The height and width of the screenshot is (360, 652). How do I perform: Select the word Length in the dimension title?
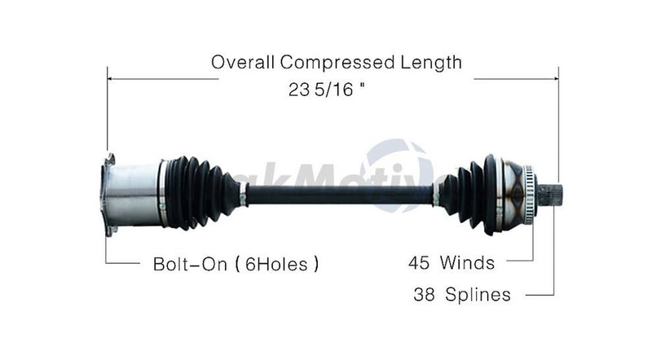[x=430, y=62]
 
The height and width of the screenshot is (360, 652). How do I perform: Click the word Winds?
[x=467, y=263]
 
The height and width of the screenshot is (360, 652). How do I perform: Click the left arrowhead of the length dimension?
[x=110, y=79]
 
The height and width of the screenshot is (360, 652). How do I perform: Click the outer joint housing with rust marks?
[x=511, y=194]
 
